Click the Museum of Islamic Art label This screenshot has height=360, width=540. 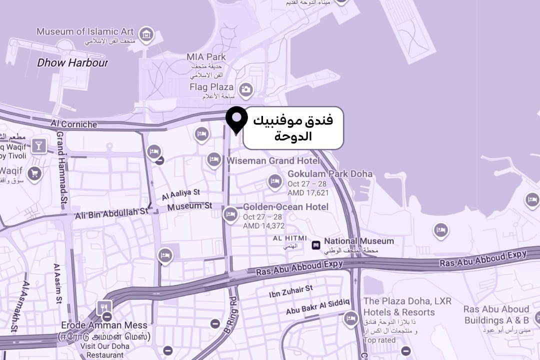[x=85, y=31]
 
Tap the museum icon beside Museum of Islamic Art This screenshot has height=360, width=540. [x=146, y=34]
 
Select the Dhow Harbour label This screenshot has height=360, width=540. [x=72, y=63]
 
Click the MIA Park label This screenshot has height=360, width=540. [x=206, y=57]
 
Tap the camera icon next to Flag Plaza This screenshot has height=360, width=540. [x=245, y=90]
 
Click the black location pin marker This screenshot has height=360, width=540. [x=236, y=119]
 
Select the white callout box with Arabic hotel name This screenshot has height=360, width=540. [x=293, y=128]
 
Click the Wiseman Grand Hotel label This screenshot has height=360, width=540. [x=273, y=160]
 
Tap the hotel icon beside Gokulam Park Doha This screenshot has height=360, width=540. [x=274, y=181]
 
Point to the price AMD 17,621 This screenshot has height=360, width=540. [x=308, y=192]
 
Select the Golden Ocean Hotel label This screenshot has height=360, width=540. [x=285, y=206]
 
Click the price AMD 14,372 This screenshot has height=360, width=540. [x=263, y=226]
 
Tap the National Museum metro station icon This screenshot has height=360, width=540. [x=315, y=244]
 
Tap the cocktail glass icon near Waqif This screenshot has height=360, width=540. [x=38, y=146]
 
